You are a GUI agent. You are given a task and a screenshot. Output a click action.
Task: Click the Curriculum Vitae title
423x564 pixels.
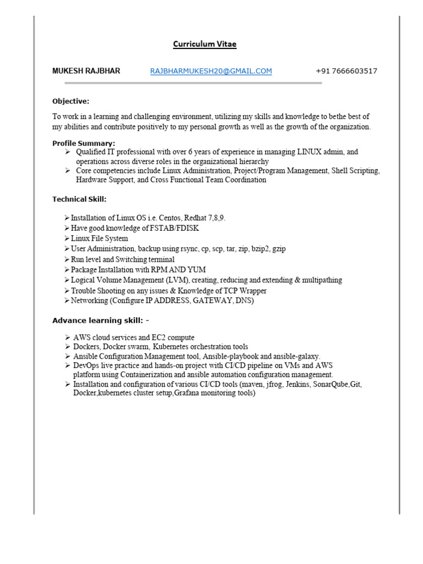point(205,45)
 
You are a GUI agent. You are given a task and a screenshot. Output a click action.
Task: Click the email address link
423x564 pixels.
point(211,71)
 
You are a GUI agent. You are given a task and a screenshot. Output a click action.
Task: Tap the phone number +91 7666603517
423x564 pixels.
point(346,71)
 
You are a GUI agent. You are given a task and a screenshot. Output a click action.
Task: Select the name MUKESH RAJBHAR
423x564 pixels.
point(86,71)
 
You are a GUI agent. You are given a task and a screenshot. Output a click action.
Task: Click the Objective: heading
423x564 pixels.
point(70,101)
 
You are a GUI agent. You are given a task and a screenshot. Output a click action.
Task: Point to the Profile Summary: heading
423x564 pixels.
point(84,144)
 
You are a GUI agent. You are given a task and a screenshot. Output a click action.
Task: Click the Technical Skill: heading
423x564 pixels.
point(79,199)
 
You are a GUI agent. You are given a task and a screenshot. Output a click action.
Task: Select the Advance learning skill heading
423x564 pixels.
point(97,321)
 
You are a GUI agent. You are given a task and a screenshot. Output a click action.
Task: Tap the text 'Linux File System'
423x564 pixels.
point(99,238)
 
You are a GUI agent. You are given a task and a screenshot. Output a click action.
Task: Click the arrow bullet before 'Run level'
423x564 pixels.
point(67,259)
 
